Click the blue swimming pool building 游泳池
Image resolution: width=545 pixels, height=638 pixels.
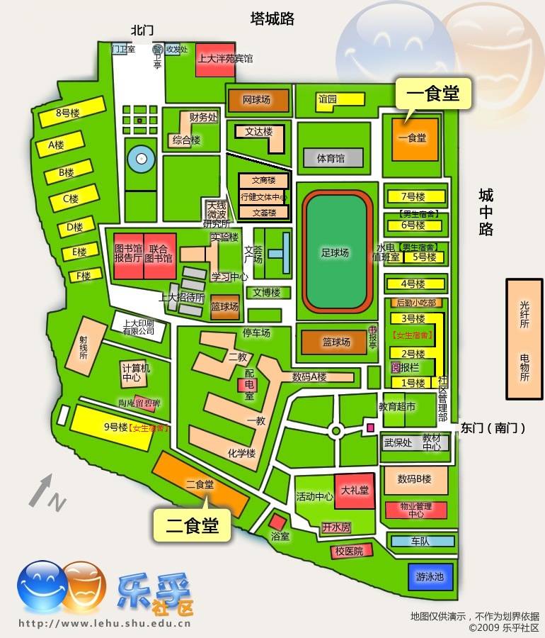click(430, 576)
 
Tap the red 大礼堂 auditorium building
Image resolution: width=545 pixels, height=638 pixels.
click(355, 491)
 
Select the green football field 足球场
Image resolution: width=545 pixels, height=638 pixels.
click(336, 252)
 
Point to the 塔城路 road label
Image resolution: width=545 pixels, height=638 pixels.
click(272, 19)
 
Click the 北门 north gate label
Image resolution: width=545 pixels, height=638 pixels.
click(142, 30)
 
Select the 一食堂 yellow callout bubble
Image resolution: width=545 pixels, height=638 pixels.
click(432, 94)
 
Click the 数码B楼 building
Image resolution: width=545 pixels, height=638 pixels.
click(415, 480)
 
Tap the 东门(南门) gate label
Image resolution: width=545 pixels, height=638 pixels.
click(493, 428)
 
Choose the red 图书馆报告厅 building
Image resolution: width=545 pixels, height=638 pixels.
click(128, 254)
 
